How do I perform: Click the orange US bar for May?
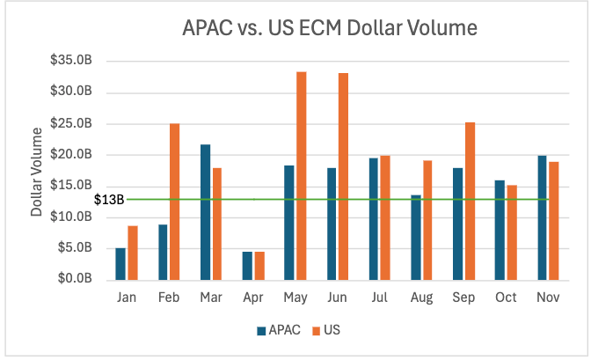point(301,175)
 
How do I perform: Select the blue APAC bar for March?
point(205,211)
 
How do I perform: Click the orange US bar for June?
point(343,176)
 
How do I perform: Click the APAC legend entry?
point(280,331)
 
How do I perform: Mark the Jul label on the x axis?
point(379,298)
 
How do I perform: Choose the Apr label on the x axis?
point(252,298)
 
